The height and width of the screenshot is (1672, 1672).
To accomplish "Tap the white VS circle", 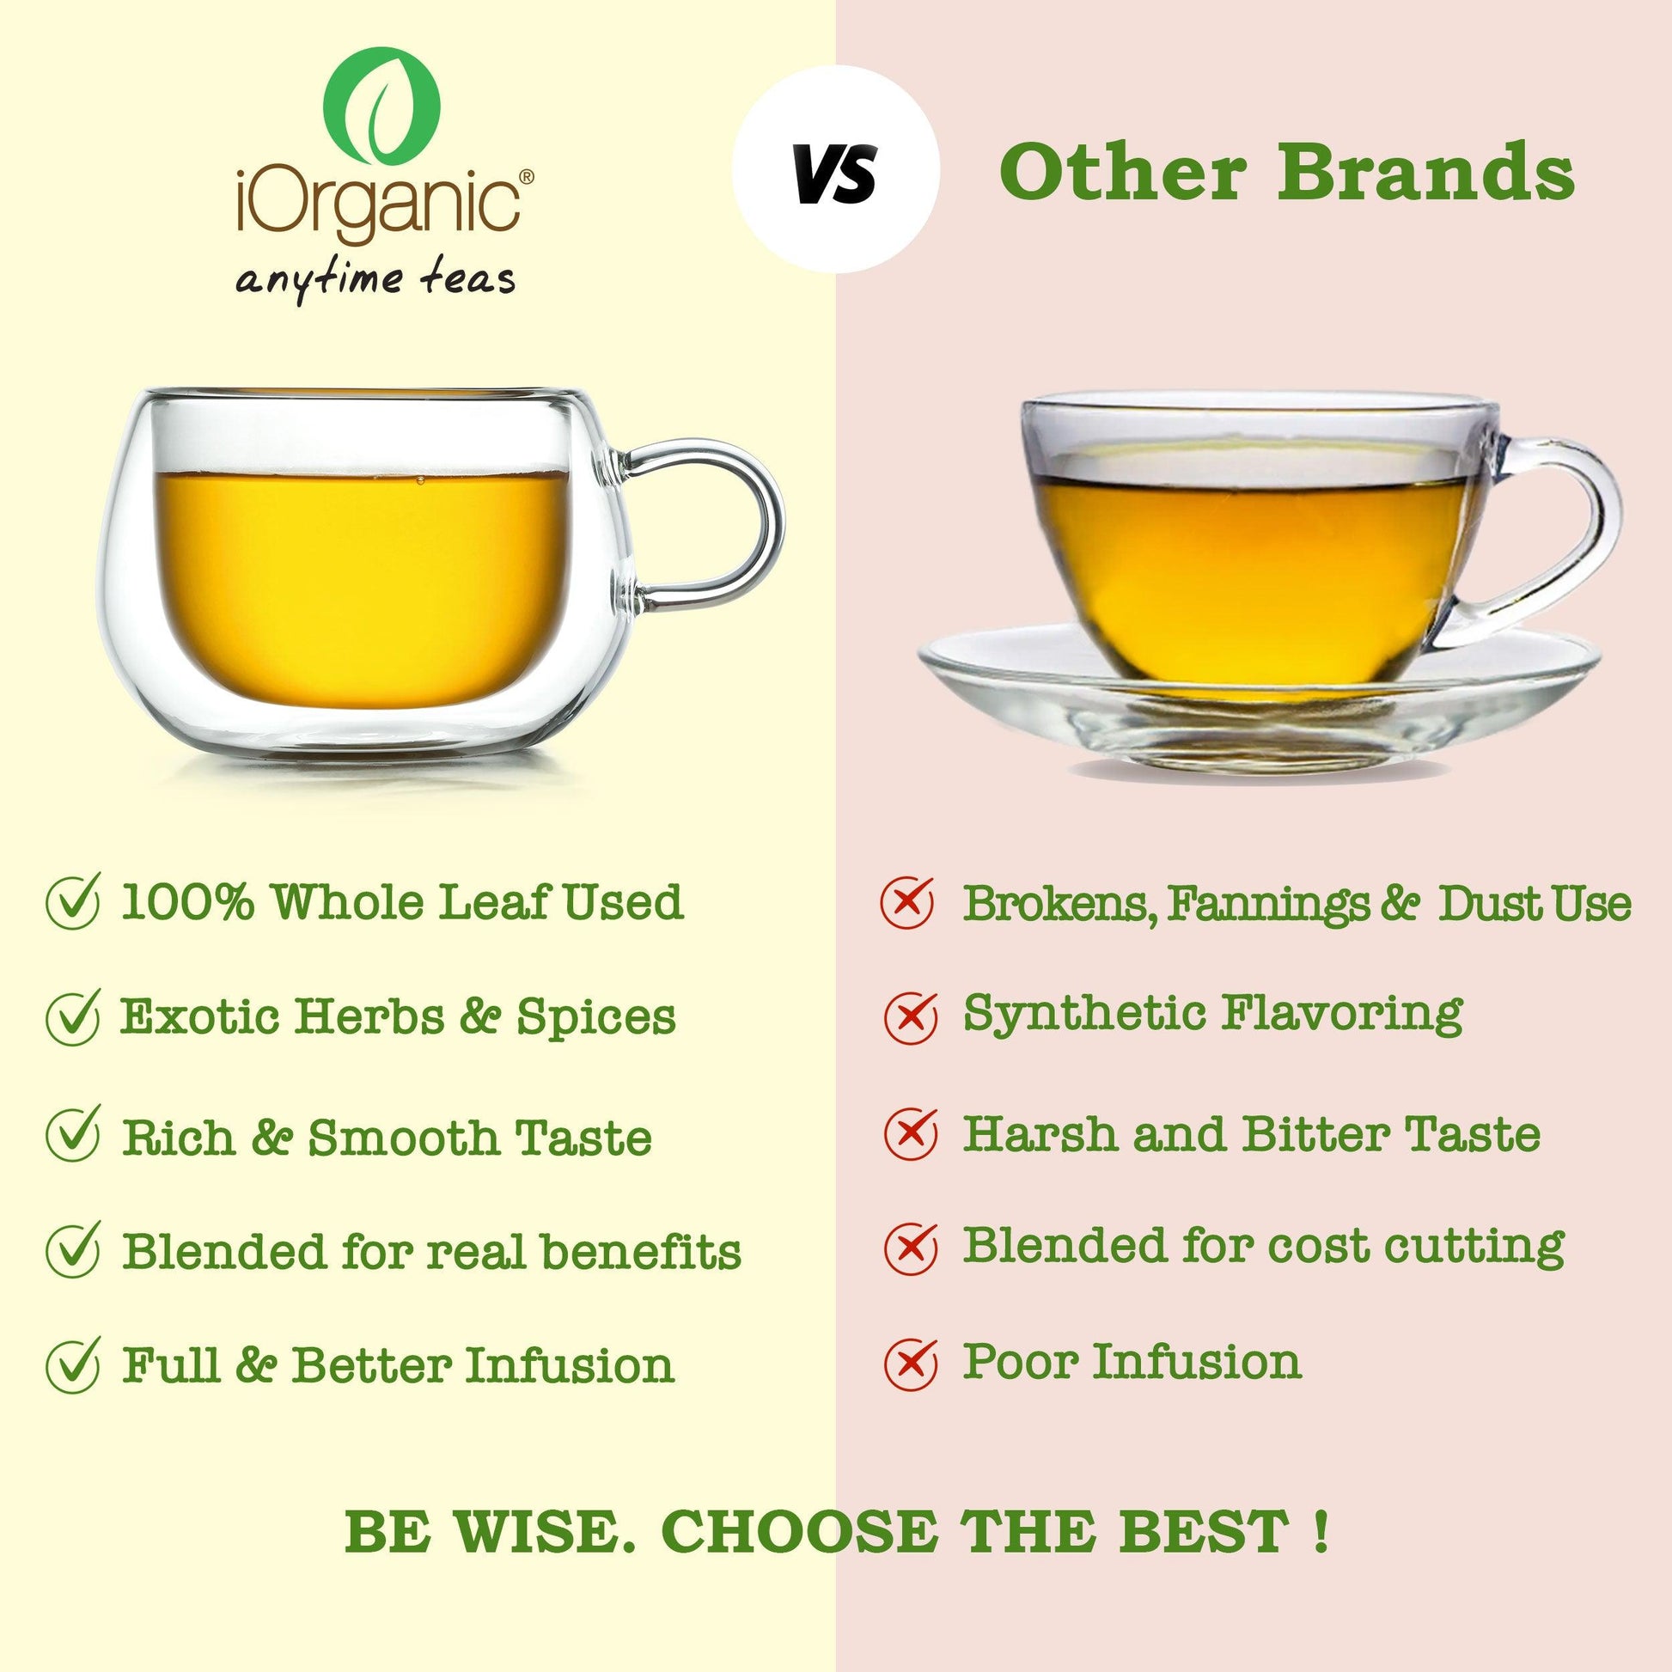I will pyautogui.click(x=835, y=169).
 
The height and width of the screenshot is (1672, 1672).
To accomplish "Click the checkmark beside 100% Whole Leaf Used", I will pyautogui.click(x=73, y=900).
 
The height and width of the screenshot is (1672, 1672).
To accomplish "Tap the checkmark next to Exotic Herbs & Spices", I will pyautogui.click(x=73, y=1017).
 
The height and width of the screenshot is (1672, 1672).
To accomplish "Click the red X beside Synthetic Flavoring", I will pyautogui.click(x=910, y=1014).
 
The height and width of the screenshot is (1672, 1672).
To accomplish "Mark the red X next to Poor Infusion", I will pyautogui.click(x=910, y=1363).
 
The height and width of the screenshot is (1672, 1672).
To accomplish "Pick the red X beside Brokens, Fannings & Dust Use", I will pyautogui.click(x=907, y=900).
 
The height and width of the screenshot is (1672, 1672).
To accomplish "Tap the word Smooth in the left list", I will pyautogui.click(x=403, y=1138).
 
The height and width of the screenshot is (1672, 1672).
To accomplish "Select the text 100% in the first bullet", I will pyautogui.click(x=187, y=902).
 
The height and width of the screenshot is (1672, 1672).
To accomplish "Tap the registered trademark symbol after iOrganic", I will pyautogui.click(x=526, y=176).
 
